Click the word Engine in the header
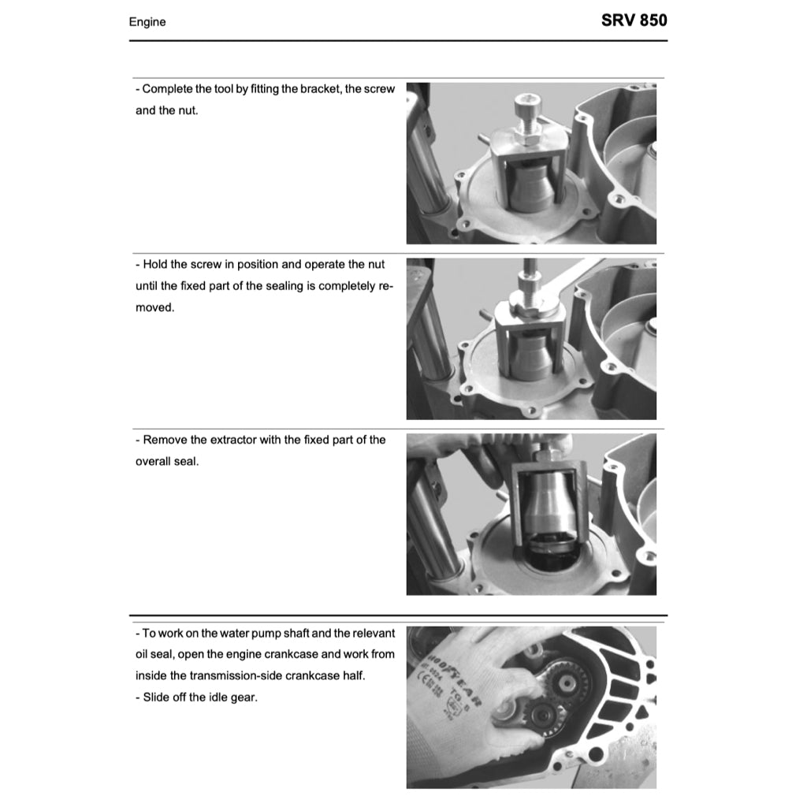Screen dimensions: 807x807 click(147, 22)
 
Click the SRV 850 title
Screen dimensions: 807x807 click(634, 20)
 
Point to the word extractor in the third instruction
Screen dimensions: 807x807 click(223, 440)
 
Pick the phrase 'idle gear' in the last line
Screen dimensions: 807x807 click(232, 697)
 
